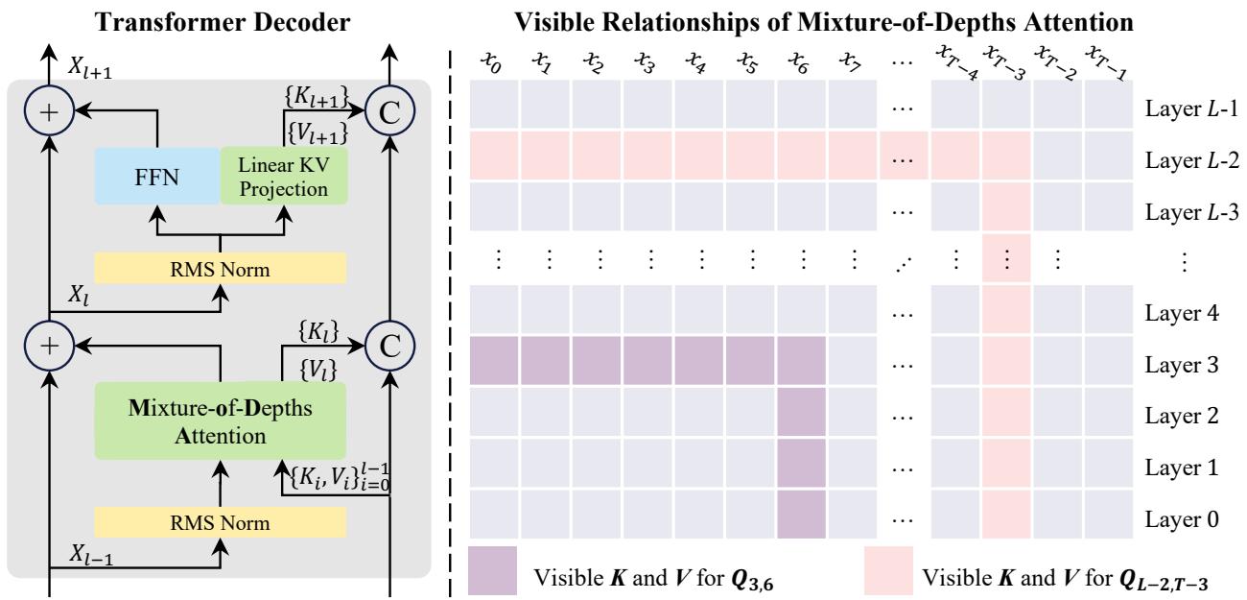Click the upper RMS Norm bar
click(221, 268)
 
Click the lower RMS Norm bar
click(221, 522)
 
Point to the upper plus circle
click(49, 111)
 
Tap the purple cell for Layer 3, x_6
click(800, 365)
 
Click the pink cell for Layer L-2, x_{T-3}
click(1006, 157)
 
